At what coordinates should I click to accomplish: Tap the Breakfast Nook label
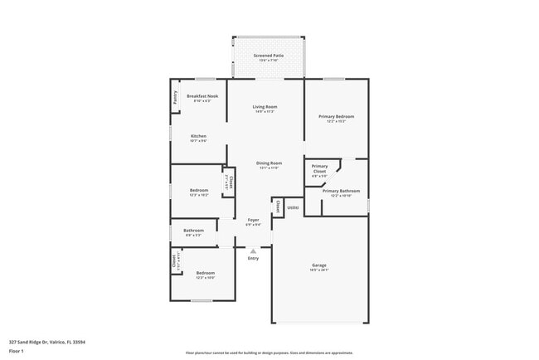tap(202, 96)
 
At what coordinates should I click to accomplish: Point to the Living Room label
tap(265, 107)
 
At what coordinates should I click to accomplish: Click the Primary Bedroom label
tap(336, 117)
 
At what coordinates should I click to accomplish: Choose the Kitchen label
tap(198, 136)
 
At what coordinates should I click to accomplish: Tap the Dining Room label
tap(269, 163)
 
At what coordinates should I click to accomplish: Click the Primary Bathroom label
tap(336, 191)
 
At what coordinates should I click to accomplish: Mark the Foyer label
tap(253, 220)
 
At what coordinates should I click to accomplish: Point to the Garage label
tap(319, 265)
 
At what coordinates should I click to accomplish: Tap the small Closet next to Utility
tap(278, 207)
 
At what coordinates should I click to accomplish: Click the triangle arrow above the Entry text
tap(254, 250)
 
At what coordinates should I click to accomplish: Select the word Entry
tap(254, 258)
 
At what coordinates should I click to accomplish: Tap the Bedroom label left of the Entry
tap(205, 273)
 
